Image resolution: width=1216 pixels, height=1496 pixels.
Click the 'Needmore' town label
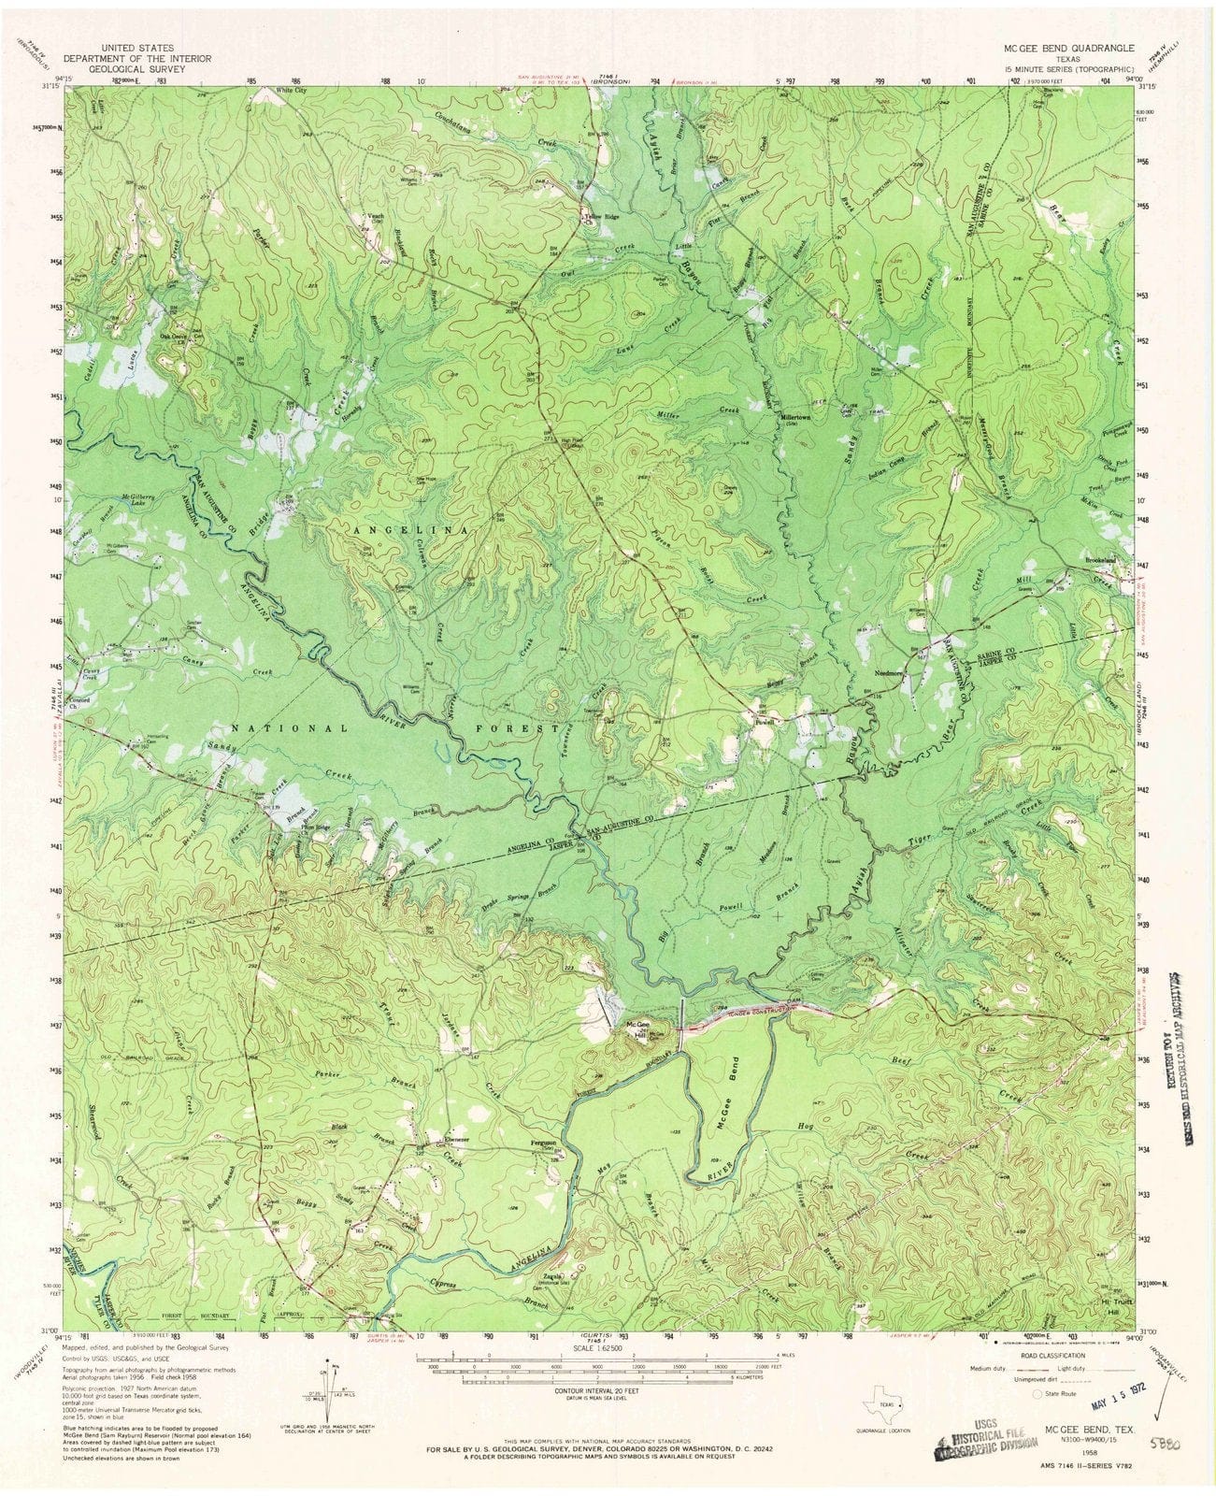[883, 672]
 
